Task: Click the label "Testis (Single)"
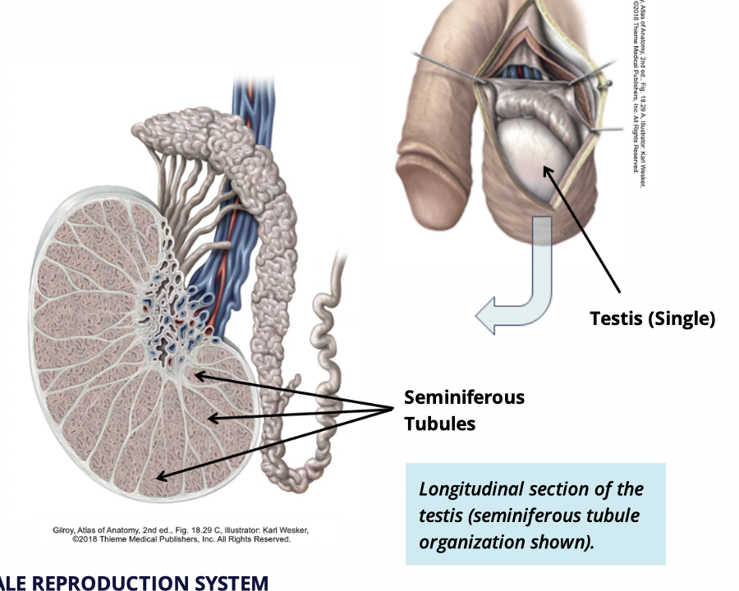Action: (652, 318)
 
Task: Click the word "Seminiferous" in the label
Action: (464, 397)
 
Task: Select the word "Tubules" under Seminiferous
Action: (439, 424)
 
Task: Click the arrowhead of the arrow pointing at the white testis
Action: (543, 167)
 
